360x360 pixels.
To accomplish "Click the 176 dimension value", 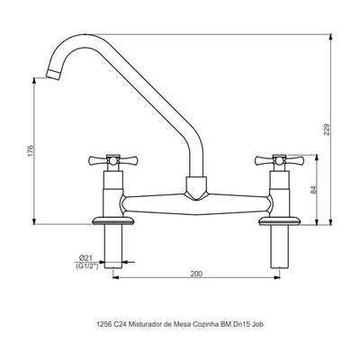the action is (x=30, y=151).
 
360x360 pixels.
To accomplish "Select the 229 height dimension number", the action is (x=327, y=130).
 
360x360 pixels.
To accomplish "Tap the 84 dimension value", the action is (x=313, y=190).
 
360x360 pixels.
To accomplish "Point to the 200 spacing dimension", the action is (x=196, y=274).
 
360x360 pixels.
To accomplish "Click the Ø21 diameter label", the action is (x=85, y=257).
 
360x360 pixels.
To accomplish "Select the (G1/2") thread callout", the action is (x=87, y=265).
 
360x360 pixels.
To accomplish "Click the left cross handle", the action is (x=112, y=161).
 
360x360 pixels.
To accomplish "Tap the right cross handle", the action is (x=279, y=161).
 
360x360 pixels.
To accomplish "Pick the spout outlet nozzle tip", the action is (x=53, y=74).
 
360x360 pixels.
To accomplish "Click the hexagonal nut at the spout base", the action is (x=196, y=188).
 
